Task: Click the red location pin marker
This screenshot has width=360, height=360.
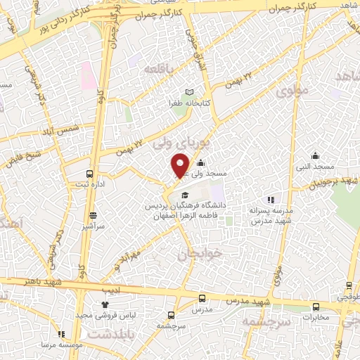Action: (180, 165)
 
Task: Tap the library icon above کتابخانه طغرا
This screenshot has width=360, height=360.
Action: (188, 92)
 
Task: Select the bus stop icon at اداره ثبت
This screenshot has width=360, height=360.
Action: (89, 174)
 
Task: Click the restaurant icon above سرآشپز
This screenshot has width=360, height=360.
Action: (93, 215)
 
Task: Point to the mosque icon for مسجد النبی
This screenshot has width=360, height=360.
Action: (315, 155)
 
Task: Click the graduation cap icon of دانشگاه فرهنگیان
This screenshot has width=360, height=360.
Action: (185, 195)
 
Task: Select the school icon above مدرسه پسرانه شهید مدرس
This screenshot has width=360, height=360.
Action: (271, 200)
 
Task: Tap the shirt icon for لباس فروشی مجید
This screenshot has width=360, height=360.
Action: (105, 304)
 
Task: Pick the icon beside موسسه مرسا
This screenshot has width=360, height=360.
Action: (61, 334)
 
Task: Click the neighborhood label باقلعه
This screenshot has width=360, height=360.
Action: (158, 69)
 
